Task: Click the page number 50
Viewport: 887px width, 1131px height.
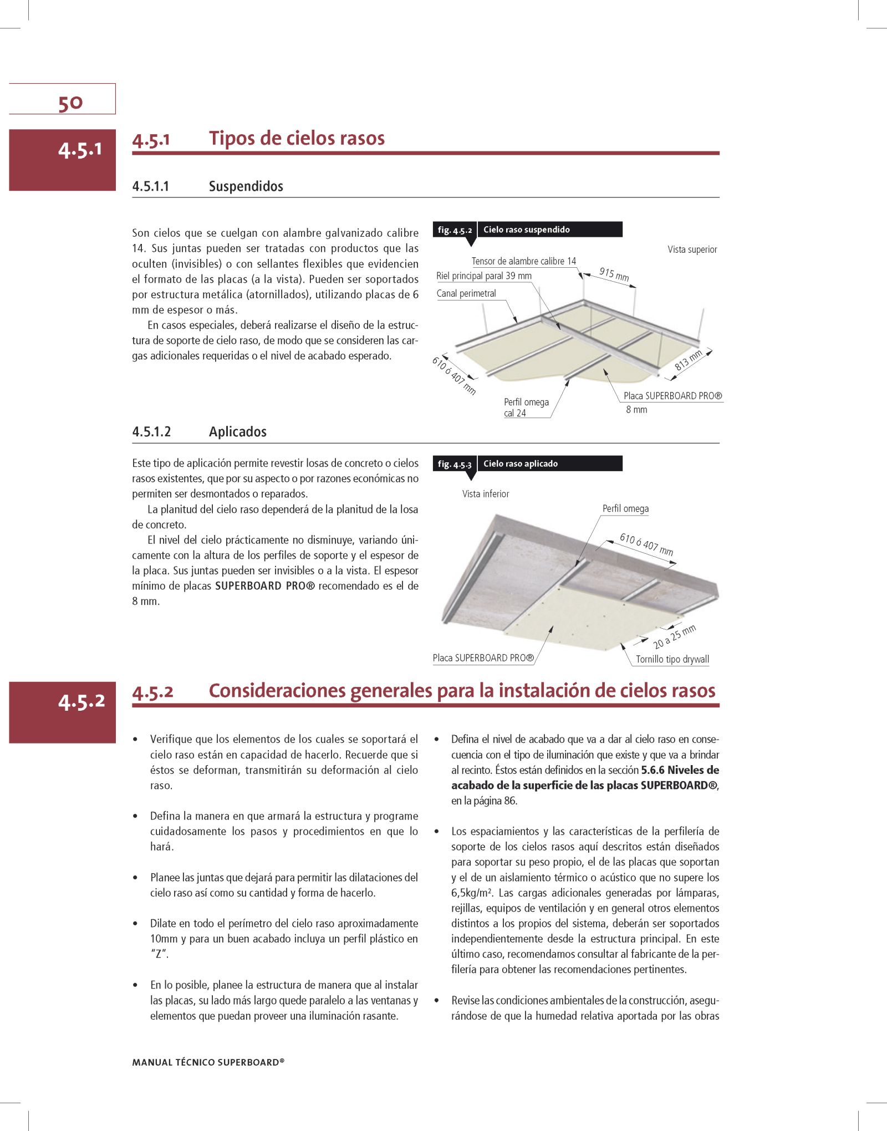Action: click(x=70, y=103)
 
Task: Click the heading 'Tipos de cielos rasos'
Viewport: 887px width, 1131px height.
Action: click(x=297, y=138)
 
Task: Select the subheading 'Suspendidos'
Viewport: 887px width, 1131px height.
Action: click(x=246, y=186)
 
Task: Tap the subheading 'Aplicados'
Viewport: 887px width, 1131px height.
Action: click(x=237, y=432)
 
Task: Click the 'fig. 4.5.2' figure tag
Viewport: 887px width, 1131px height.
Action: click(x=455, y=230)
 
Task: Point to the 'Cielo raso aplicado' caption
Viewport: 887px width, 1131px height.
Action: click(x=520, y=464)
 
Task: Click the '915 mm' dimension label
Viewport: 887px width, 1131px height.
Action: click(x=614, y=274)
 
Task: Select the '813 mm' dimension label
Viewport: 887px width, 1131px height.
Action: click(x=688, y=360)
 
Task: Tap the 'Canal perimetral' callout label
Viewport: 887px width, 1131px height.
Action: click(x=466, y=294)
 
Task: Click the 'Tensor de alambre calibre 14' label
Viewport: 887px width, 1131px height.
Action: click(x=524, y=261)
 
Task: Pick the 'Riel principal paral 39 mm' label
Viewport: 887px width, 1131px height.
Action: click(x=483, y=276)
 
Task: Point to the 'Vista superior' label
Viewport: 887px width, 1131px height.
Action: click(x=692, y=249)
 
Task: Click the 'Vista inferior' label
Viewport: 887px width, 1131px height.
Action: click(x=486, y=494)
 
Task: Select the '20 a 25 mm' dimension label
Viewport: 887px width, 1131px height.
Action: click(x=674, y=637)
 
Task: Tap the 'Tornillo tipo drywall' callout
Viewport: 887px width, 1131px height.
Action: click(x=672, y=659)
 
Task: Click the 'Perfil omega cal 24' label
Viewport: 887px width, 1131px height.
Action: click(x=526, y=407)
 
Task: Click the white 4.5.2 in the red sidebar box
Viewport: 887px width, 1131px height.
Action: click(x=81, y=701)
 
